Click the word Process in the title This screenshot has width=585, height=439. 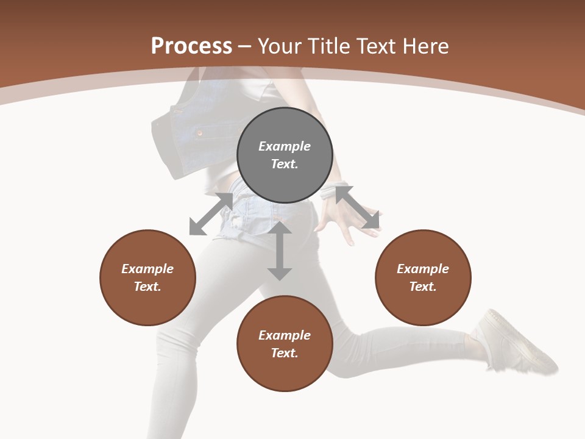click(191, 46)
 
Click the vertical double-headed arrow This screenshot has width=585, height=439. click(280, 251)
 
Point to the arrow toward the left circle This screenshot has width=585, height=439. click(211, 214)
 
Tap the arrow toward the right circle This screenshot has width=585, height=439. click(358, 207)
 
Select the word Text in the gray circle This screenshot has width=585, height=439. click(285, 164)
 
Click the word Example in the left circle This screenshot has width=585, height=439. click(147, 269)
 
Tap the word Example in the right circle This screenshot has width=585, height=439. click(423, 269)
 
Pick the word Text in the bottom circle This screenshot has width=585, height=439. click(285, 353)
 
